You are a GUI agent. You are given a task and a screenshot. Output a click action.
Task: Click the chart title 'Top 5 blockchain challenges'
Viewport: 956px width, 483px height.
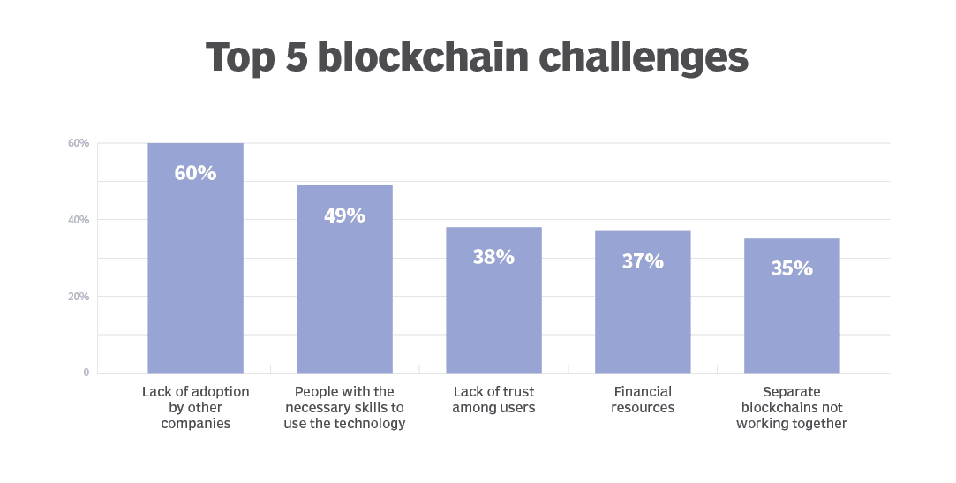[x=477, y=57]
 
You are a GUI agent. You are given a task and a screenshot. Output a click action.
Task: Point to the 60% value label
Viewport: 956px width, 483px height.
[x=195, y=173]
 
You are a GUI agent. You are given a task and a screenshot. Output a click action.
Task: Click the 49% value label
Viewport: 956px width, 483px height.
[x=344, y=215]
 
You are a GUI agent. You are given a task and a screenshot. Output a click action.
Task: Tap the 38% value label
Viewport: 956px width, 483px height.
[x=493, y=257]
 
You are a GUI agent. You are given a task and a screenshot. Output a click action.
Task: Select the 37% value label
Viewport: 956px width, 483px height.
[x=643, y=261]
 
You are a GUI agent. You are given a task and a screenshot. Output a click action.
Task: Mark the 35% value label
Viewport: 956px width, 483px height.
[x=792, y=268]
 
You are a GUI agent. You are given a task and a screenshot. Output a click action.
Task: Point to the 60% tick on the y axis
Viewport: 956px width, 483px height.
[x=79, y=143]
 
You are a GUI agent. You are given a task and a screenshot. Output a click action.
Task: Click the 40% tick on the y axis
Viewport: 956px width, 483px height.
[x=79, y=220]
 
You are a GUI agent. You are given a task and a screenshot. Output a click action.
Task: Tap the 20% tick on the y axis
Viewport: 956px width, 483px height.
[x=79, y=297]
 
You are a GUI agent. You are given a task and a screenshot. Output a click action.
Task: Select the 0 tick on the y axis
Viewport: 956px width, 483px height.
[x=86, y=373]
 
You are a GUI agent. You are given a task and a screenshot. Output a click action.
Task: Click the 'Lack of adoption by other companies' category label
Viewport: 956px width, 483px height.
[x=195, y=407]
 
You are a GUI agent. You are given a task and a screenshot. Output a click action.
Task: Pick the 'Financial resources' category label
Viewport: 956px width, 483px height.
[x=643, y=399]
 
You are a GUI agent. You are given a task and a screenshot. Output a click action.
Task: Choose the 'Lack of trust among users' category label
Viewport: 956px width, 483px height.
[x=493, y=399]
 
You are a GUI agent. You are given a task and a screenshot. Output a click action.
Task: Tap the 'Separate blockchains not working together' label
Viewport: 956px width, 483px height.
[x=793, y=407]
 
